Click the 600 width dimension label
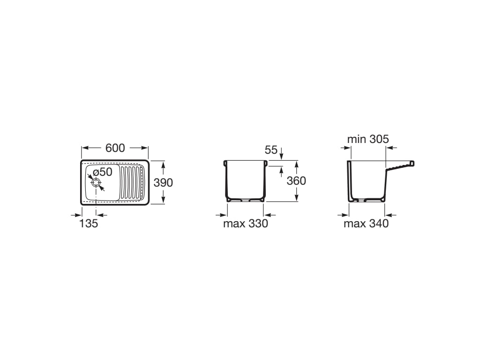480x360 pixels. click(115, 148)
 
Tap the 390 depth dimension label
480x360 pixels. click(163, 183)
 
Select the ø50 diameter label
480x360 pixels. click(103, 172)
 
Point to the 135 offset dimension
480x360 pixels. click(89, 224)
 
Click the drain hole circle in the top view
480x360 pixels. click(96, 182)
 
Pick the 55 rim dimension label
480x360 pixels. click(271, 150)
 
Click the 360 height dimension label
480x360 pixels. click(296, 181)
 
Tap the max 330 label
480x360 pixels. click(246, 224)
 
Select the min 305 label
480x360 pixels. click(368, 139)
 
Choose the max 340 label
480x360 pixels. click(366, 224)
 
